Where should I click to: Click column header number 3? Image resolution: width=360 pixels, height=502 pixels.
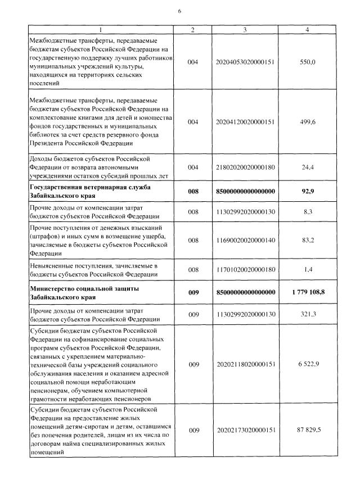[x=245, y=29]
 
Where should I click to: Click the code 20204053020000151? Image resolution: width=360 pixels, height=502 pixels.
[x=245, y=62]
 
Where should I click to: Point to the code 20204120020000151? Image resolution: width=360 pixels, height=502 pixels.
[x=245, y=121]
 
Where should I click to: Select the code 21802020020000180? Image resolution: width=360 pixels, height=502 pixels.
[x=245, y=168]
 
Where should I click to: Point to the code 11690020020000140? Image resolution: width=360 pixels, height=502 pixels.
[x=245, y=241]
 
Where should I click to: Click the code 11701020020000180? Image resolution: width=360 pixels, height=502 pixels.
[x=245, y=270]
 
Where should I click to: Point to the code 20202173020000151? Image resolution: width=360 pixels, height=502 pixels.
[x=245, y=431]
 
